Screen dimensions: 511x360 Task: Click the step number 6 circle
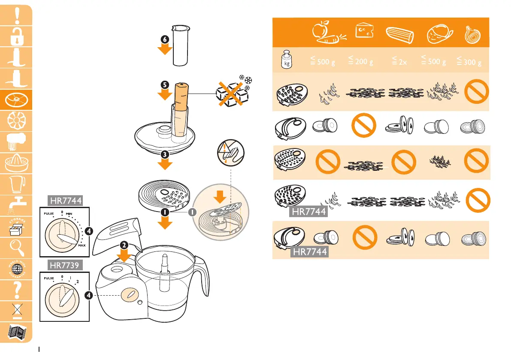(165, 39)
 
